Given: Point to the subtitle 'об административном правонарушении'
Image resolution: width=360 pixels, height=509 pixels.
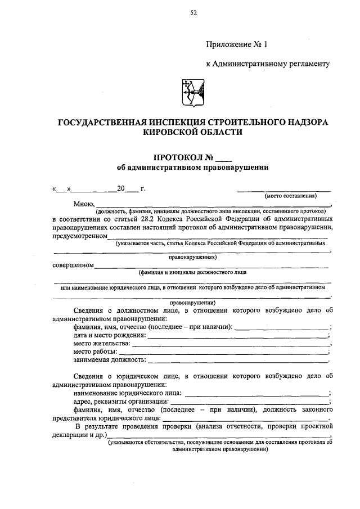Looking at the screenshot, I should pos(193,167).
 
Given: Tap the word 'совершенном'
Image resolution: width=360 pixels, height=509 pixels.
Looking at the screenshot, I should pos(73,265).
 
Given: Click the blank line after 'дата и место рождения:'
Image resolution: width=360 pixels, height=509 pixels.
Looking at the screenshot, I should pos(236,336).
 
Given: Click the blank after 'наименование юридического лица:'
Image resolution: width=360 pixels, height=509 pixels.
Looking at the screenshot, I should pos(256,393).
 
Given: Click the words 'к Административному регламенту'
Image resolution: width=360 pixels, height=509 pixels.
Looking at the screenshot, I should pos(268,65).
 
